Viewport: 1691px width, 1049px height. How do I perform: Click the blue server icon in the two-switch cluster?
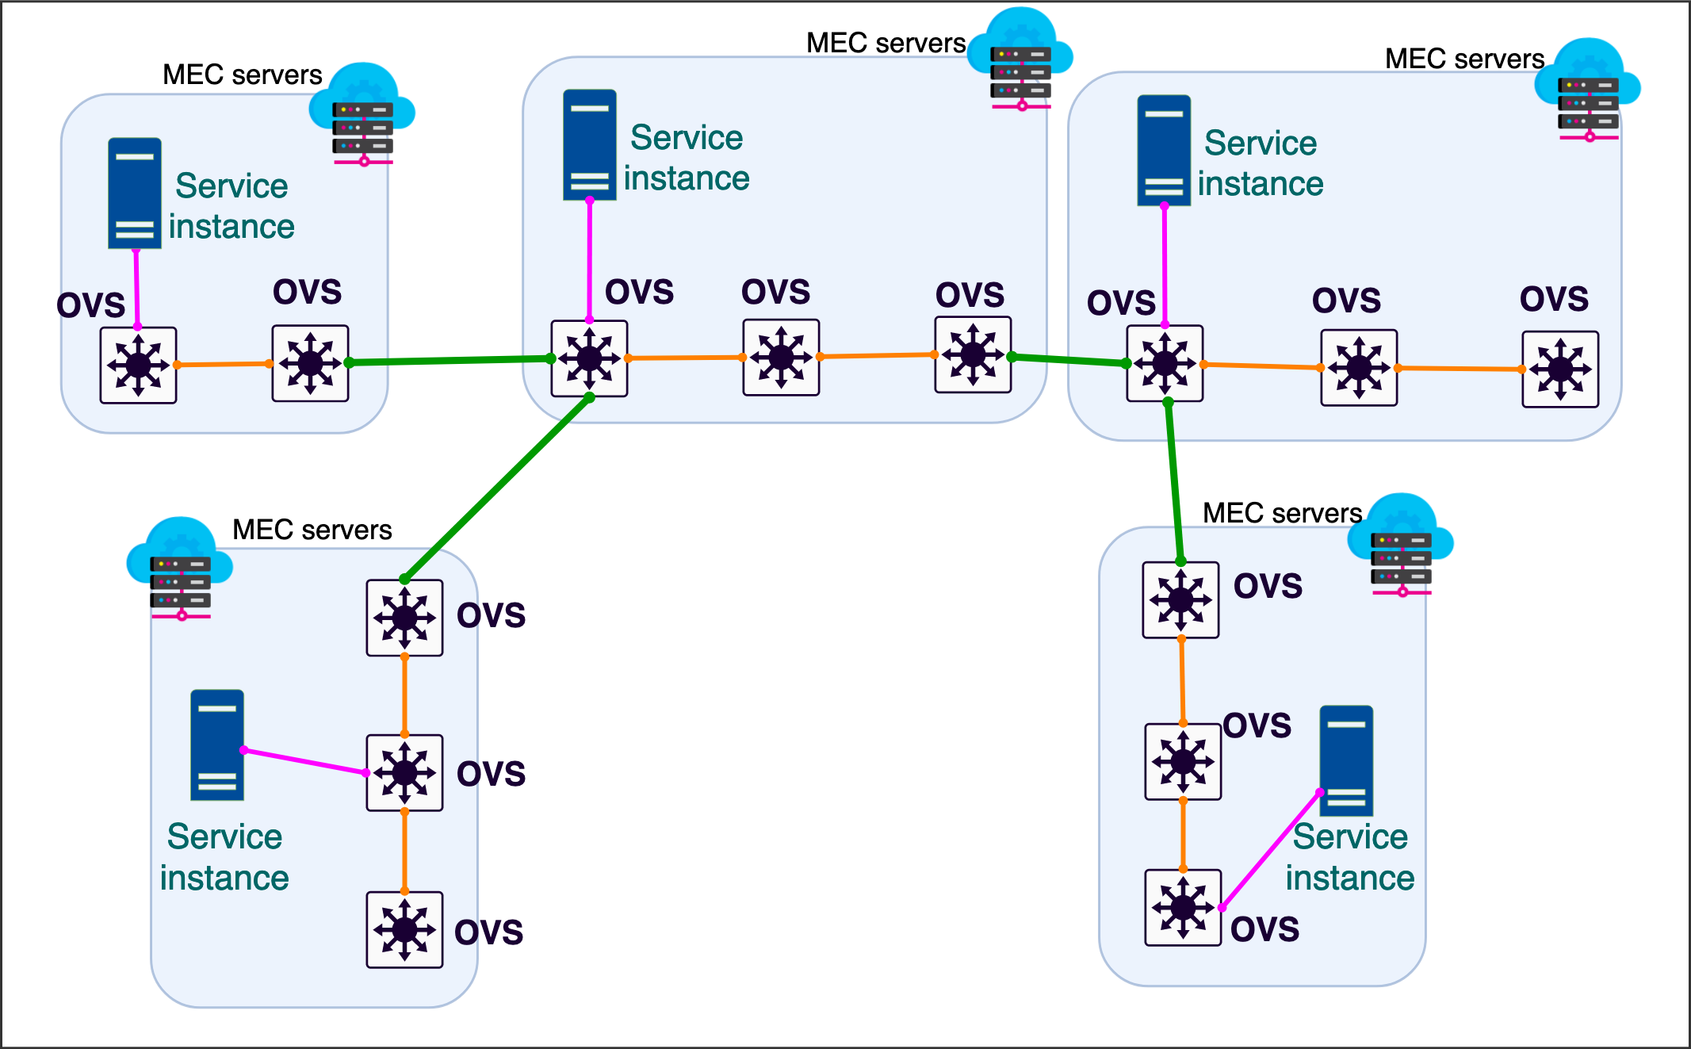coord(135,193)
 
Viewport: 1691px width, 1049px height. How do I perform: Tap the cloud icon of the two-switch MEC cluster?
coord(362,114)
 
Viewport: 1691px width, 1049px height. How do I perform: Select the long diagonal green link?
coord(497,488)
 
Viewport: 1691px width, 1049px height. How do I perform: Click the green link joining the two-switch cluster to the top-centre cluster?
coord(450,360)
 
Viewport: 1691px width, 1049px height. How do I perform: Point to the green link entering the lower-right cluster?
coord(1174,481)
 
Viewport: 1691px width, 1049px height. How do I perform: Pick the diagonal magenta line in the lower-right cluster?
coord(1271,849)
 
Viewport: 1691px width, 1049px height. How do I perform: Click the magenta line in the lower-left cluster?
coord(305,761)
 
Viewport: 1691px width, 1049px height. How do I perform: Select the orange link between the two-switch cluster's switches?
coord(224,364)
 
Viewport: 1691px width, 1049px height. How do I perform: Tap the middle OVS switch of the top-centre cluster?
coord(781,358)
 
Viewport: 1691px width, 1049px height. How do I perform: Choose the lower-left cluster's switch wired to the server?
coord(404,772)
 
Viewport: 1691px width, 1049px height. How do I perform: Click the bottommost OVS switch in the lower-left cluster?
coord(404,929)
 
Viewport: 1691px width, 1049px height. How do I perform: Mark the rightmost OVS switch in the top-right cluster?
coord(1560,369)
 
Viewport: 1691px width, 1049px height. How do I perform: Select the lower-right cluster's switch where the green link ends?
coord(1180,599)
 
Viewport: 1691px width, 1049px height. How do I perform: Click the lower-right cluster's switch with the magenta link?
coord(1183,907)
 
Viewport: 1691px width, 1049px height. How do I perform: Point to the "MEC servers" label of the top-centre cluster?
coord(886,43)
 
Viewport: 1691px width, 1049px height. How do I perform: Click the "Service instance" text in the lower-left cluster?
coord(224,857)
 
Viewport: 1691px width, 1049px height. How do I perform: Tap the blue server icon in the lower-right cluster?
coord(1346,760)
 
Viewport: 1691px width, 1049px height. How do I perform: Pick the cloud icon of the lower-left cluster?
coord(180,568)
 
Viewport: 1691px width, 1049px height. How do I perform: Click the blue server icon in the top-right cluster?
coord(1164,151)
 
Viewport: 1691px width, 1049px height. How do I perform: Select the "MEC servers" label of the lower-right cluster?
coord(1282,513)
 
